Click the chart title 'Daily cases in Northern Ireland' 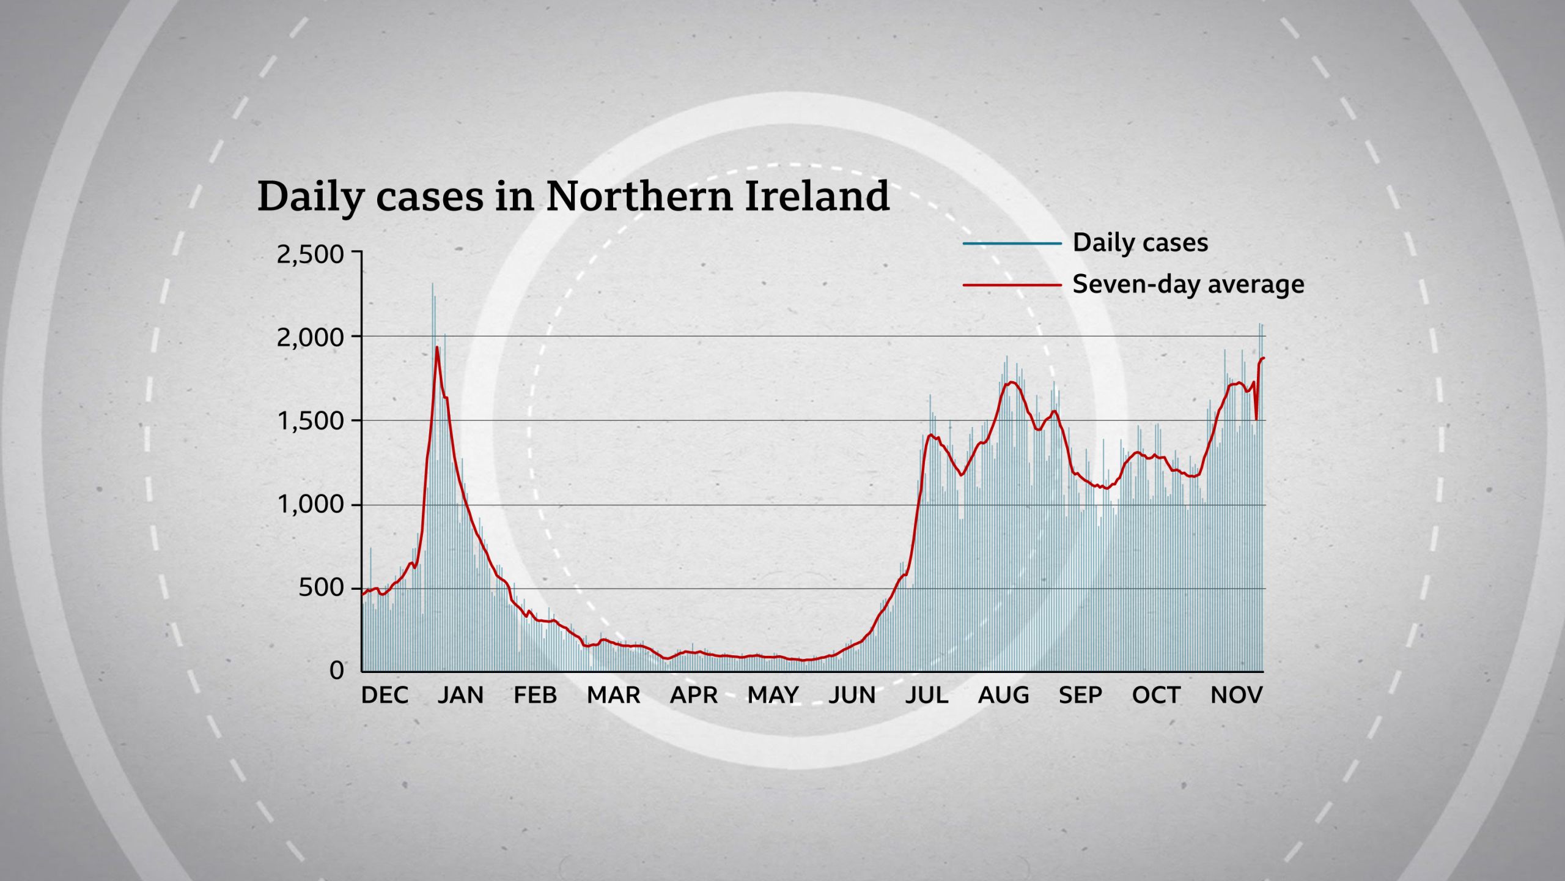tap(573, 197)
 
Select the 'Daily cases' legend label tap(1140, 243)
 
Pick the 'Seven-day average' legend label tap(1188, 284)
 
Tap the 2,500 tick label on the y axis tap(311, 255)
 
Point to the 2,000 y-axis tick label tap(311, 337)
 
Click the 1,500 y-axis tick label tap(311, 421)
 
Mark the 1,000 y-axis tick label tap(311, 505)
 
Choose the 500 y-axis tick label tap(322, 588)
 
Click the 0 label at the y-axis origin tap(337, 671)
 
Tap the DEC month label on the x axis tap(385, 695)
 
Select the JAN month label tap(460, 695)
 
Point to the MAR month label tap(613, 695)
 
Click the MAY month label tap(773, 695)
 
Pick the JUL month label tap(926, 695)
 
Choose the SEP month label tap(1080, 695)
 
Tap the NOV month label tap(1236, 695)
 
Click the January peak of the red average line tap(437, 348)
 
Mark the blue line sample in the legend tap(1012, 243)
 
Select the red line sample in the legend tap(1012, 285)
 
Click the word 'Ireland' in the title tap(817, 197)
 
